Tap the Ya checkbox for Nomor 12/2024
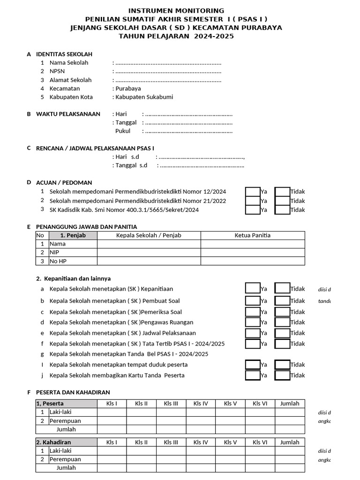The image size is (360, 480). [253, 191]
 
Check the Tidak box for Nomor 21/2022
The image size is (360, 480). [282, 201]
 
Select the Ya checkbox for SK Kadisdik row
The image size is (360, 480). [253, 210]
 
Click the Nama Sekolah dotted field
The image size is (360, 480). [168, 63]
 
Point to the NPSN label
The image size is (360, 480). [57, 72]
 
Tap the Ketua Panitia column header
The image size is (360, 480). [253, 235]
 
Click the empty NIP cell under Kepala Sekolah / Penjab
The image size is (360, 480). [149, 252]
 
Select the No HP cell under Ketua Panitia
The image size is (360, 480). [253, 261]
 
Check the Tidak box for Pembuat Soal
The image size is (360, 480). [282, 301]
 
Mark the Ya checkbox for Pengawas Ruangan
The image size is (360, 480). [253, 322]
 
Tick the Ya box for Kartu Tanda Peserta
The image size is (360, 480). [253, 375]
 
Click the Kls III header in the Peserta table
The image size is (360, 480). [171, 404]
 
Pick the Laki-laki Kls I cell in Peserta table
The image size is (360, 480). [112, 412]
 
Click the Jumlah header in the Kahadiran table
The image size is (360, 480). [290, 442]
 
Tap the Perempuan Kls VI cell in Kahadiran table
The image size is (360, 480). [260, 459]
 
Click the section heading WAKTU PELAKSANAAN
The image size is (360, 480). [68, 114]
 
